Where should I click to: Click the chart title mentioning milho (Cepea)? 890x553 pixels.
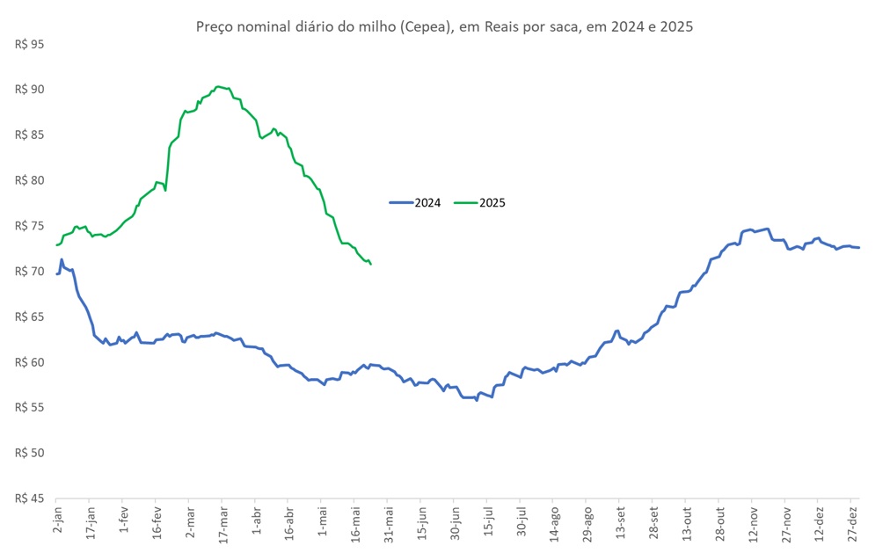pyautogui.click(x=444, y=26)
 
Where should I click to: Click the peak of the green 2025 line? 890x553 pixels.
pyautogui.click(x=219, y=86)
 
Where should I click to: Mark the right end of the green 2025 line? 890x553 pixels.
pyautogui.click(x=371, y=264)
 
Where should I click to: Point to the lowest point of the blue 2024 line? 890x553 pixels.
pyautogui.click(x=476, y=400)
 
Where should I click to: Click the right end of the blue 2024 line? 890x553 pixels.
pyautogui.click(x=859, y=247)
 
